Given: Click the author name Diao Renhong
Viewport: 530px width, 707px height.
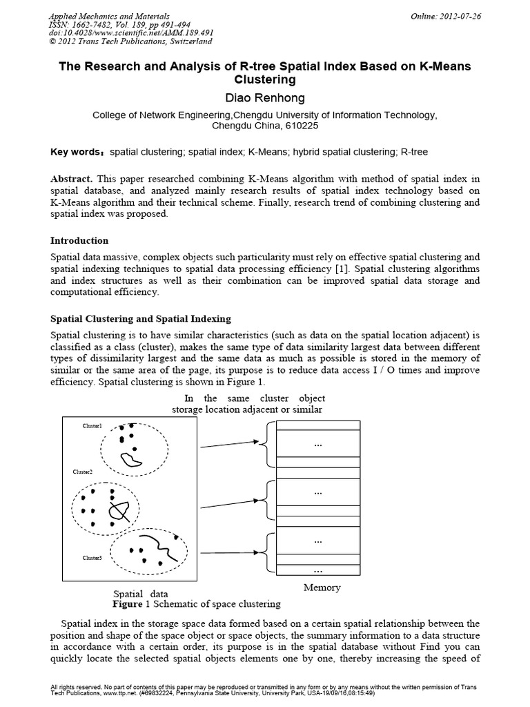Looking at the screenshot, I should [x=266, y=98].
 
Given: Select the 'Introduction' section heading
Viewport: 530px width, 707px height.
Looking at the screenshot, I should [x=79, y=240].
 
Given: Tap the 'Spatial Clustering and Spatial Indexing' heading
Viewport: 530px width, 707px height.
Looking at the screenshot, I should [x=141, y=318].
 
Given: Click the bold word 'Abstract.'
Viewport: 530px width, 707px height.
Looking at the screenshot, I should [x=74, y=178].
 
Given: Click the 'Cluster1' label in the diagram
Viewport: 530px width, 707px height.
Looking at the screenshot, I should [x=92, y=427].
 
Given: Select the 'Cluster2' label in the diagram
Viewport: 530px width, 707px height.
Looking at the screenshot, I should [x=83, y=472].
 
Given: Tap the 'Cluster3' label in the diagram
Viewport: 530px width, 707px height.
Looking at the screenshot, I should [x=92, y=557].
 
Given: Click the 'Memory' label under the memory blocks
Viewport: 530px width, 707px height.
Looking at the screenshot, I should [x=322, y=588].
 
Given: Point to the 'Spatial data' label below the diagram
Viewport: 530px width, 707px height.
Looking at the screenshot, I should [x=140, y=594].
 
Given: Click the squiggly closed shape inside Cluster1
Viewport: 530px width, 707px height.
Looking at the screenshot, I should [x=130, y=458].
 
